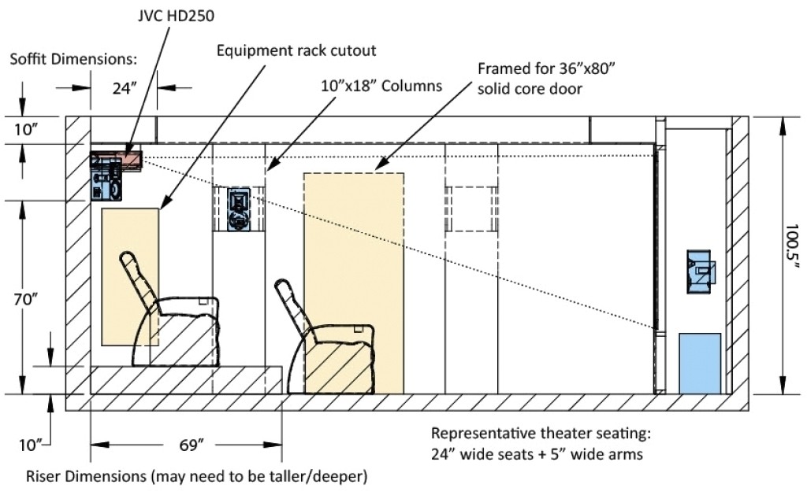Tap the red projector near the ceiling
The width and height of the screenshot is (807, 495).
(x=126, y=160)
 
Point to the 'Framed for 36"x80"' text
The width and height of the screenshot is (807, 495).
(x=546, y=68)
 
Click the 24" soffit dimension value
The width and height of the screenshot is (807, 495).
(x=124, y=89)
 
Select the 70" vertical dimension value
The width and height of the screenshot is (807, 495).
(x=33, y=300)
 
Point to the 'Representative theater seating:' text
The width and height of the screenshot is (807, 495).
(x=541, y=434)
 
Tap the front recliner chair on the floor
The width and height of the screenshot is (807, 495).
(x=329, y=340)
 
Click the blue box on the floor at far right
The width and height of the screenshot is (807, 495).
(x=700, y=363)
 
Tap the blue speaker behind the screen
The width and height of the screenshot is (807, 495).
(x=700, y=272)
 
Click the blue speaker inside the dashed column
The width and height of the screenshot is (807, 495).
(x=239, y=209)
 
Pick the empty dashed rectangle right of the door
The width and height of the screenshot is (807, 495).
(x=472, y=209)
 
